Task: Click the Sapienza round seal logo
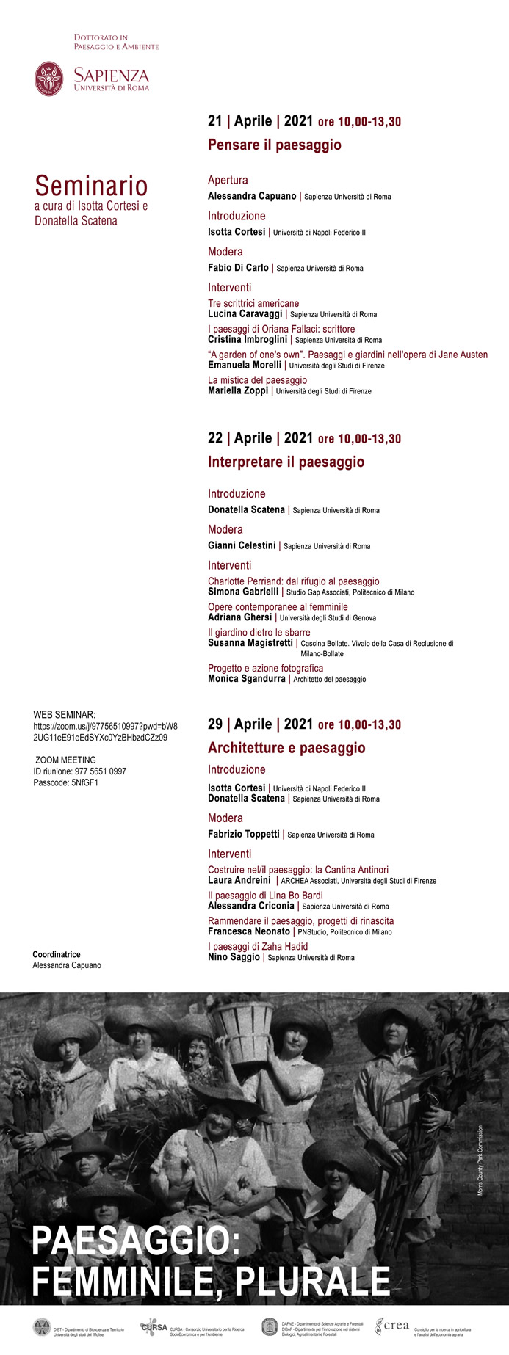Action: click(49, 79)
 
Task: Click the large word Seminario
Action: click(91, 186)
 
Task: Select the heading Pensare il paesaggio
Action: click(274, 145)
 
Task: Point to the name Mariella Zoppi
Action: click(238, 390)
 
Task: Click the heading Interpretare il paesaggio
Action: click(286, 462)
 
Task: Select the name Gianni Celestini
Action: click(242, 545)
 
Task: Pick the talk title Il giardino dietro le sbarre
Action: click(259, 632)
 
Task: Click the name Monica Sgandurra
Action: click(246, 679)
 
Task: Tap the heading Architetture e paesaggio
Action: click(286, 748)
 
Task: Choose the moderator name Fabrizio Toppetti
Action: click(243, 834)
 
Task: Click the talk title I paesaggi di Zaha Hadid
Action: click(257, 946)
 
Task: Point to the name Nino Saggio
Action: click(234, 957)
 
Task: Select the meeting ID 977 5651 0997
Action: click(79, 771)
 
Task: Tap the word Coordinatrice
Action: click(57, 954)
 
